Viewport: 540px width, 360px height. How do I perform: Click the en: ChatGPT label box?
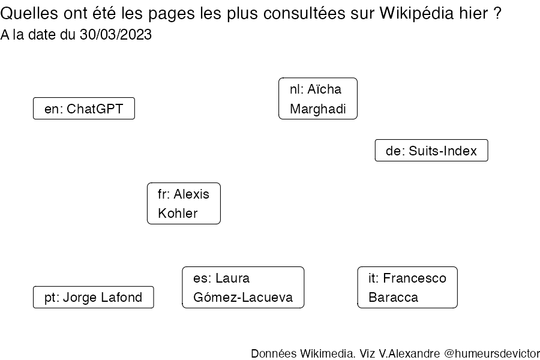[83, 109]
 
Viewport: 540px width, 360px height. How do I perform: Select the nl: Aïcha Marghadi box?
[318, 98]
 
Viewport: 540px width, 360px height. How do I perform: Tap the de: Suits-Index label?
[431, 150]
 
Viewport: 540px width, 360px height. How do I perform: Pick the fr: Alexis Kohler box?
[184, 203]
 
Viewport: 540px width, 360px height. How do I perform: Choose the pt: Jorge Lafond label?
[94, 297]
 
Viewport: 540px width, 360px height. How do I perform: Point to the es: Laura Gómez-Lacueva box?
[243, 287]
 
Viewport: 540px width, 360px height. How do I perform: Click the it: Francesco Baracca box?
[407, 287]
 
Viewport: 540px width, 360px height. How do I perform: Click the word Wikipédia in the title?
[417, 14]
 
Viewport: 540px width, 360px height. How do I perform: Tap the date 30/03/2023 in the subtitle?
[116, 34]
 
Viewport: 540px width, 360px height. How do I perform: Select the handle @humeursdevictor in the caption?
[492, 353]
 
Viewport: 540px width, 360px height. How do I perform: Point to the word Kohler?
[178, 213]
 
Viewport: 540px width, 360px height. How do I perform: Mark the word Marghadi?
[318, 109]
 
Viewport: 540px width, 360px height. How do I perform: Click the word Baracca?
[393, 298]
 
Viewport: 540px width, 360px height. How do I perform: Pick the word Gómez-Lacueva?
[243, 298]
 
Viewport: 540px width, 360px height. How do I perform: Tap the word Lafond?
[122, 297]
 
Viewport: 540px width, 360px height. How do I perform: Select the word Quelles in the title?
[29, 14]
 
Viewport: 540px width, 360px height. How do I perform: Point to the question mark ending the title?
[497, 14]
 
